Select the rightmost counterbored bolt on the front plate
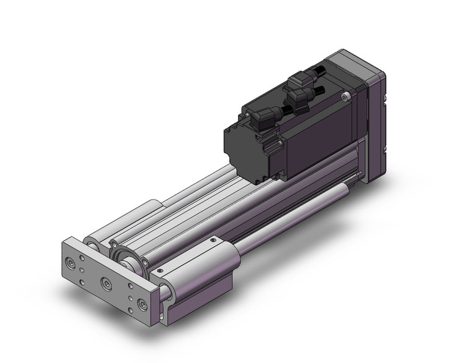click(x=142, y=305)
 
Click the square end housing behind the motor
click(x=376, y=124)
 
